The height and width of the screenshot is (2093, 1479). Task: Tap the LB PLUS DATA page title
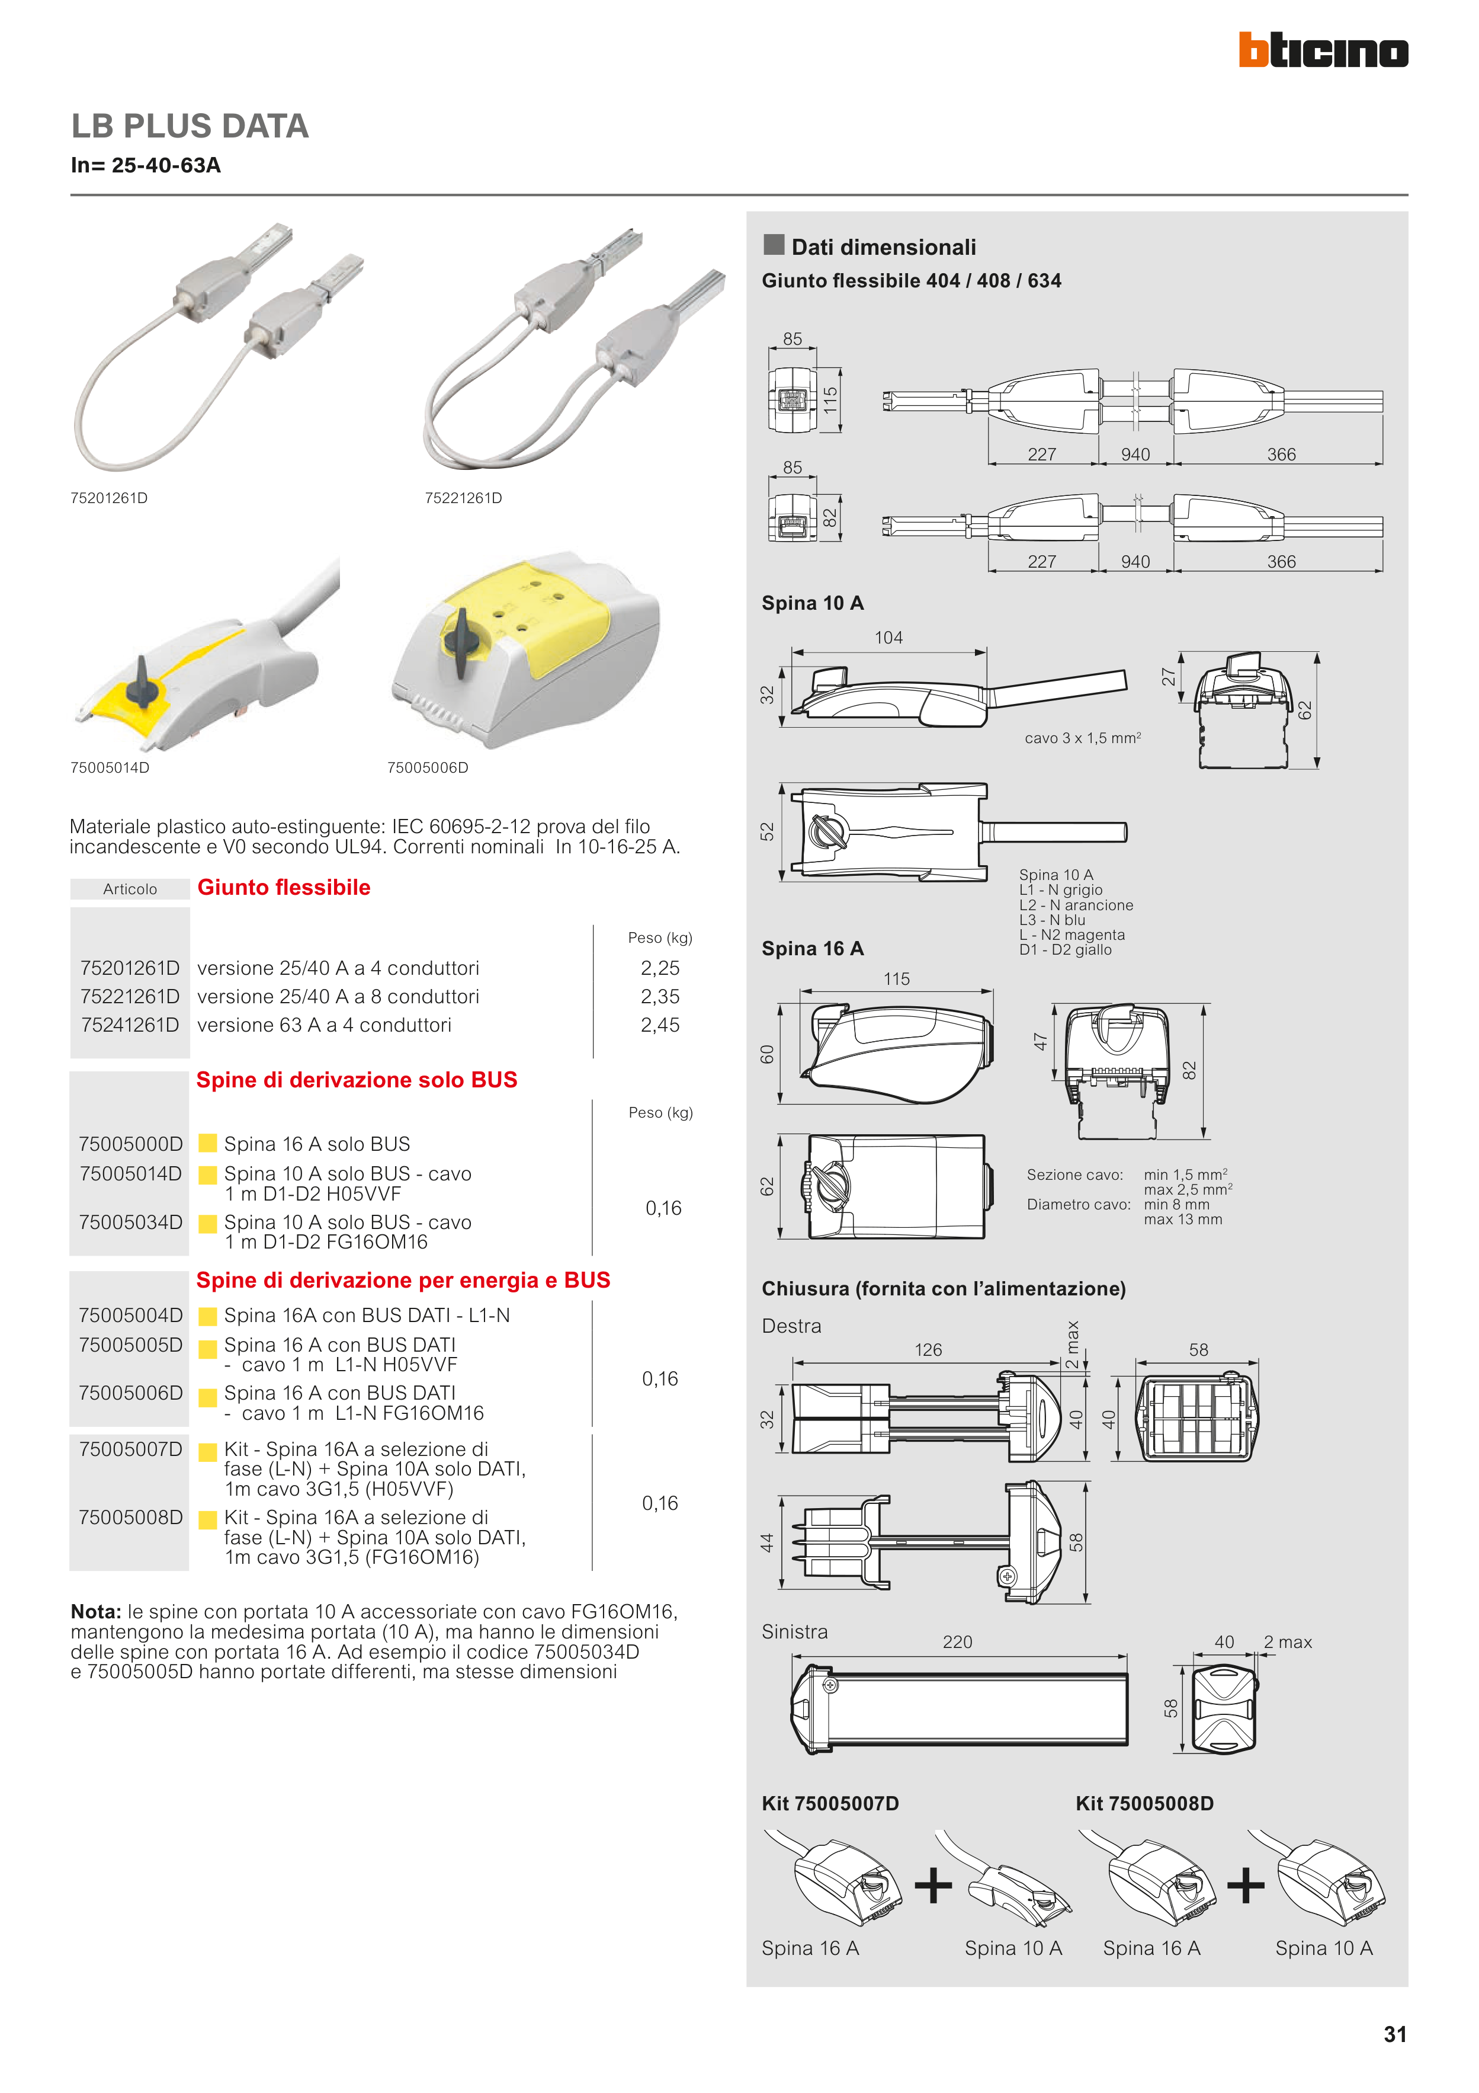tap(190, 126)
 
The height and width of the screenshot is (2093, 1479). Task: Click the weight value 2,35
tap(660, 996)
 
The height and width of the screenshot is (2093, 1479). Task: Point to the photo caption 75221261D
tap(463, 498)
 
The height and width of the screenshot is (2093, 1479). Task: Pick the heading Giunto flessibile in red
tap(283, 887)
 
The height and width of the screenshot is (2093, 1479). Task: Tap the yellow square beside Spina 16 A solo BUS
tap(208, 1143)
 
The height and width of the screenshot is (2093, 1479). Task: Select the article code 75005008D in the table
tap(130, 1517)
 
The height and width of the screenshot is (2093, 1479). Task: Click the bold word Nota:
tap(96, 1612)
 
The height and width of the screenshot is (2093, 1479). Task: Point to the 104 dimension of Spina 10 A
tap(888, 638)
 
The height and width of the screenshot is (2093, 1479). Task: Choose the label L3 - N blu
tap(1051, 920)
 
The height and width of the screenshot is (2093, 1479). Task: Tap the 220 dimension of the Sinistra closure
tap(957, 1642)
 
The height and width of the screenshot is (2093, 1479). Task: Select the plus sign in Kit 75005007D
tap(933, 1885)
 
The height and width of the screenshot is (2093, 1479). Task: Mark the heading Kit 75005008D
tap(1144, 1803)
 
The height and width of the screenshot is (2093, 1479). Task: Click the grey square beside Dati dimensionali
tap(774, 244)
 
